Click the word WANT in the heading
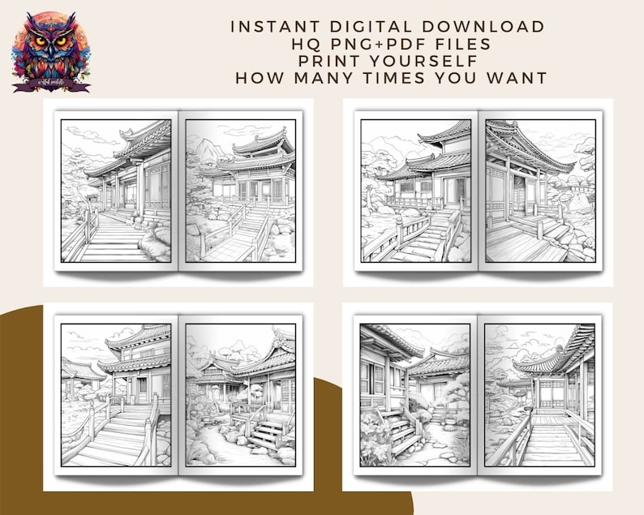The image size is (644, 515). [x=514, y=78]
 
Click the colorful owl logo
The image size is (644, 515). [x=50, y=50]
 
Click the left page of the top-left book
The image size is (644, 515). [x=116, y=191]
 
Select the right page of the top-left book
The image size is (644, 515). [x=240, y=191]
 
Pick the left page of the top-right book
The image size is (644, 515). [x=416, y=191]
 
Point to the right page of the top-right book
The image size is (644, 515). [x=539, y=191]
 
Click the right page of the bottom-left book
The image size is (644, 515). [x=240, y=395]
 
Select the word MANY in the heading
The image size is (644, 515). [x=328, y=78]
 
